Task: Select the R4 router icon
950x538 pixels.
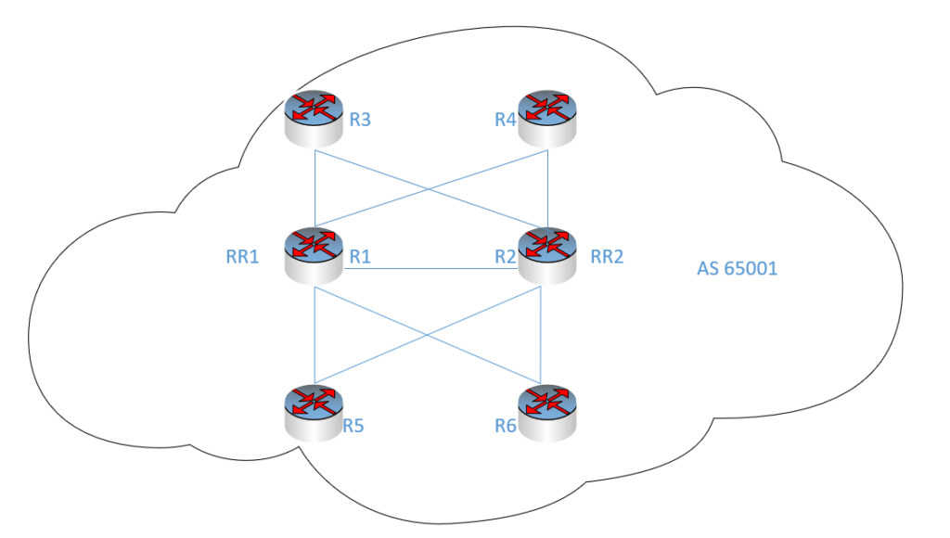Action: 548,118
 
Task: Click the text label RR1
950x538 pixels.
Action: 243,256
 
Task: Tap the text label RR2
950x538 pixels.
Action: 608,256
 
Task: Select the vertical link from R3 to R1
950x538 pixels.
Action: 315,186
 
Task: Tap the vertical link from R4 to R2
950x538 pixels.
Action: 548,186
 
